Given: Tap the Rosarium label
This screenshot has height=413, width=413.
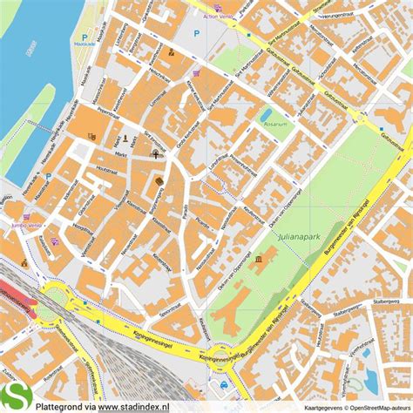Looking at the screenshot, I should (274, 125).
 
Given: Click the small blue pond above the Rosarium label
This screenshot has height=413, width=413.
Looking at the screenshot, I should (266, 113).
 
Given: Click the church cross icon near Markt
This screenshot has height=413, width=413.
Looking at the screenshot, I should (156, 154).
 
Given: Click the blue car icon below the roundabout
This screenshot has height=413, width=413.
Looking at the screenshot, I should (225, 384).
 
